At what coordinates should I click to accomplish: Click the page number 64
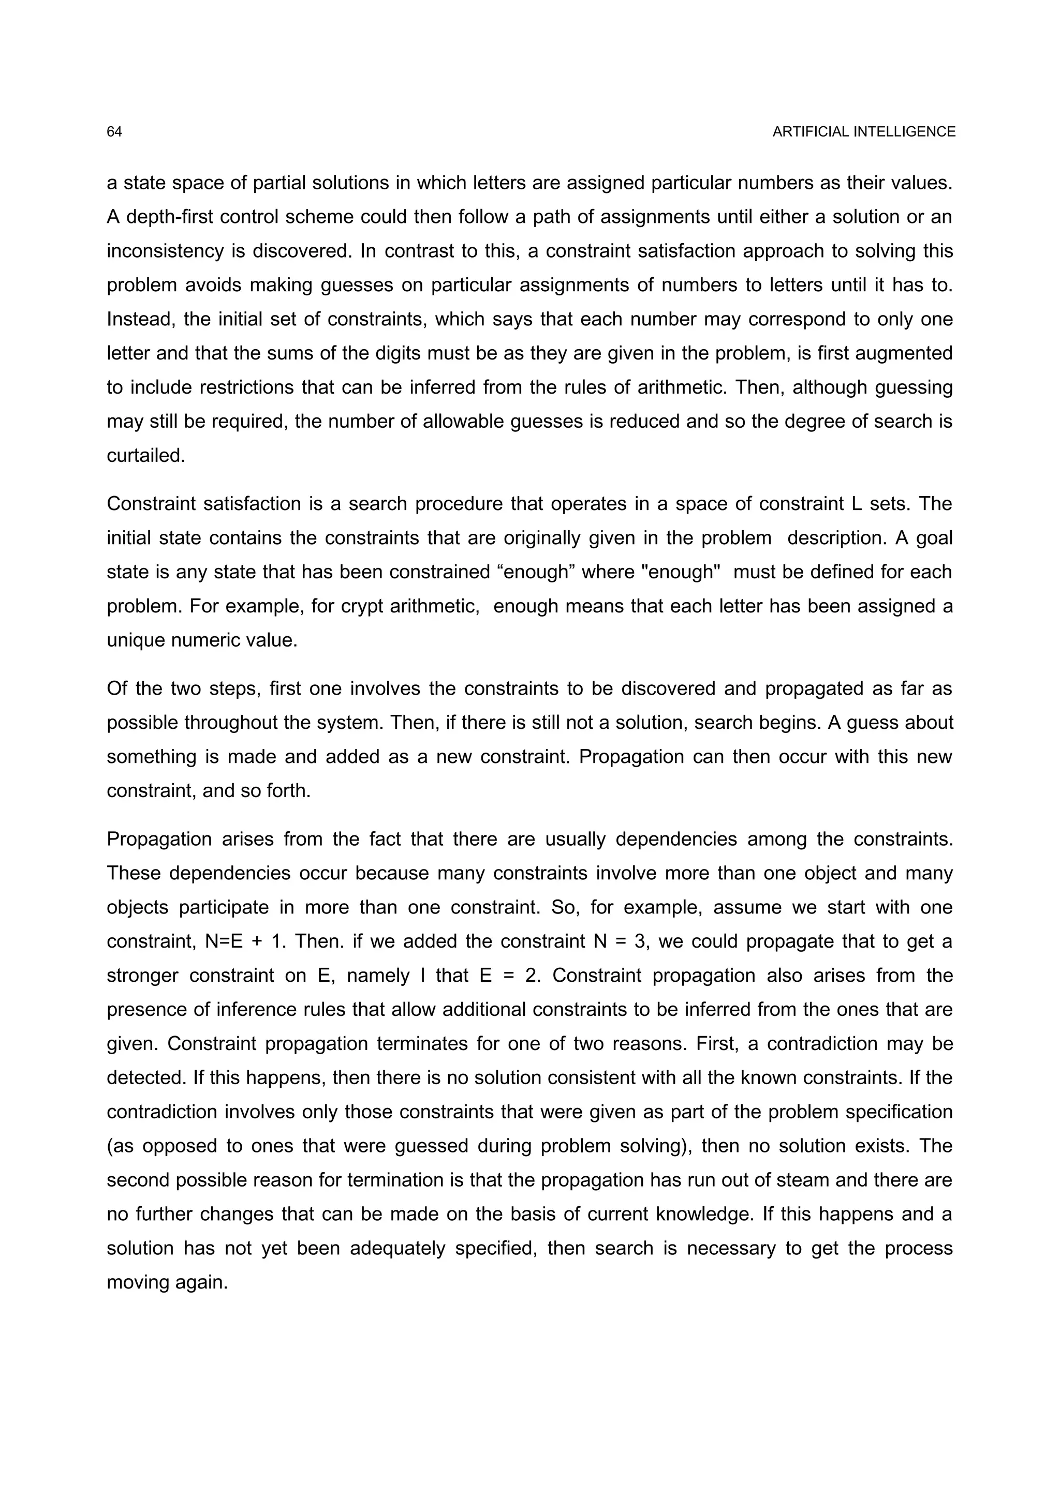coord(114,132)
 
